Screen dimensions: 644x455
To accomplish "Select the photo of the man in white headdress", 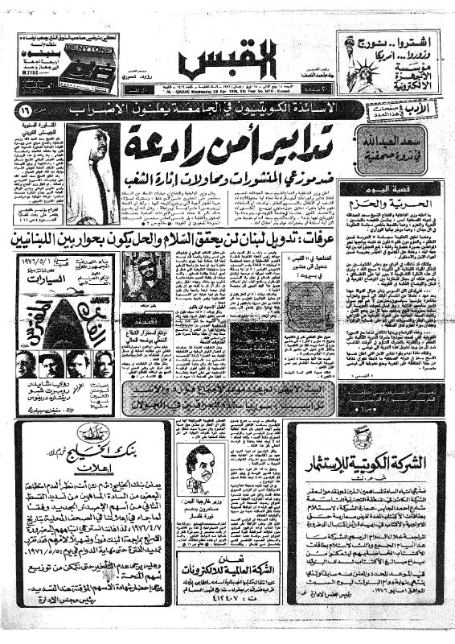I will [x=92, y=173].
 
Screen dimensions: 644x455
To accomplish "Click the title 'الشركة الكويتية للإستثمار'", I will [x=363, y=460].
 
